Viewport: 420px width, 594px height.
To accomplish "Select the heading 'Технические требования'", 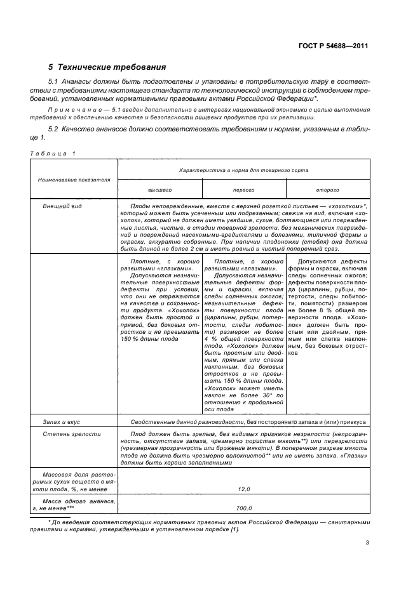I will (112, 67).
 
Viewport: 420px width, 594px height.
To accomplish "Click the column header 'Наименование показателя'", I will (74, 180).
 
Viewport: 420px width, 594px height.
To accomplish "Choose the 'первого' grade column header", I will (244, 190).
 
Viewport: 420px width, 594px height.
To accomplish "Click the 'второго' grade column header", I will (328, 190).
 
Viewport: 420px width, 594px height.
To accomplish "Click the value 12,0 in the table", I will (244, 489).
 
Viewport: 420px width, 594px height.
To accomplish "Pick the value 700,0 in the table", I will (244, 508).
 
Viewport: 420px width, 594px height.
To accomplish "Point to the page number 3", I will (367, 542).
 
